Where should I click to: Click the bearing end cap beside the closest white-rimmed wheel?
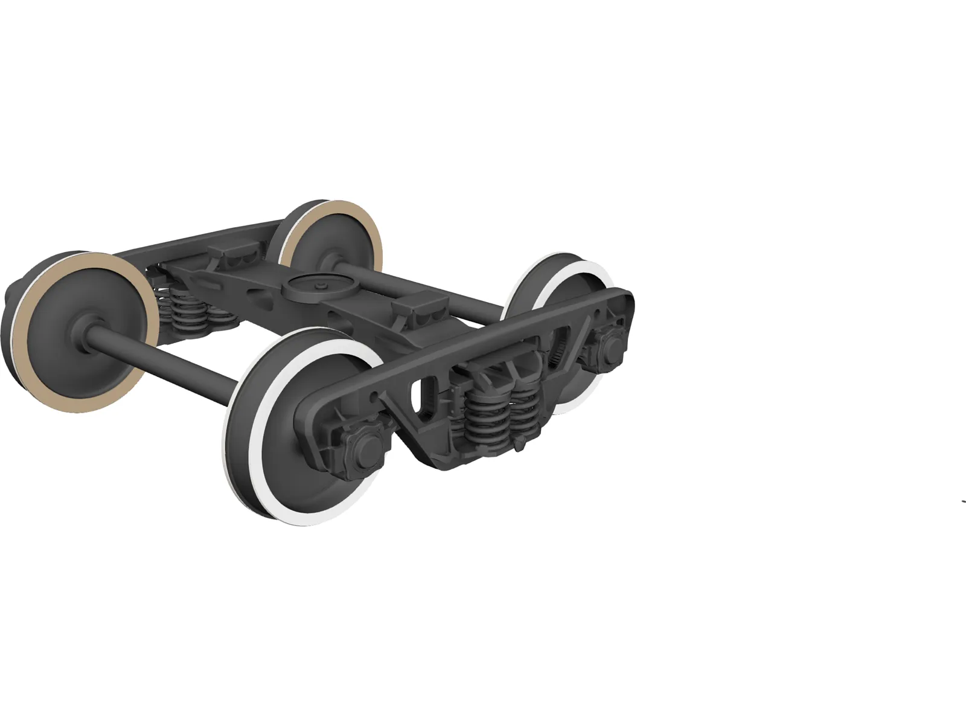pos(365,447)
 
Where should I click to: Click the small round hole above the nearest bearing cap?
pos(377,396)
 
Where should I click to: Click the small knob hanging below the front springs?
pos(519,446)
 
